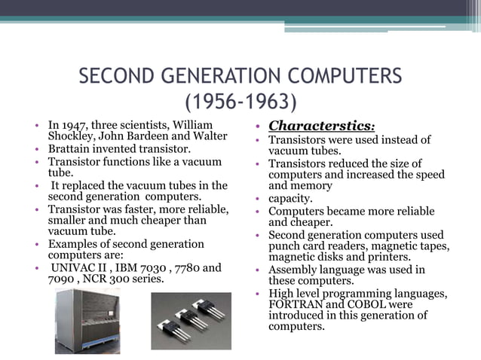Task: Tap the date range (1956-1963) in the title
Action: pyautogui.click(x=240, y=101)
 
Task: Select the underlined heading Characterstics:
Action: pyautogui.click(x=322, y=125)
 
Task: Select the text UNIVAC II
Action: pyautogui.click(x=78, y=267)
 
